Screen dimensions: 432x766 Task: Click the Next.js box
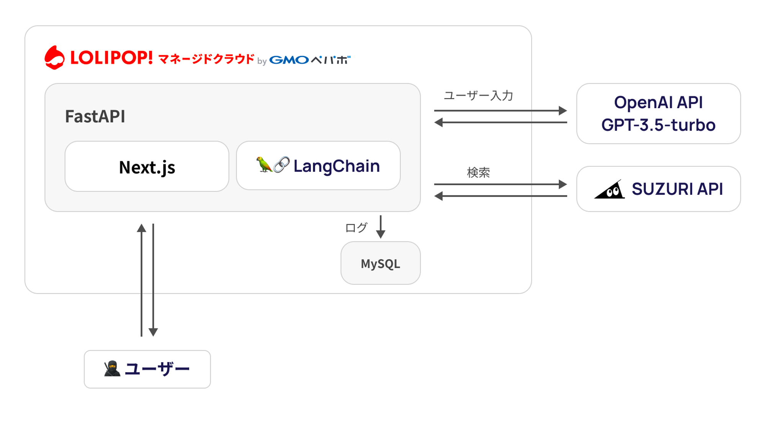tap(147, 167)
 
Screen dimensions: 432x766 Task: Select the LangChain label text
tap(336, 166)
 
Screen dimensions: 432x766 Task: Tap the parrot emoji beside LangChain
tap(264, 165)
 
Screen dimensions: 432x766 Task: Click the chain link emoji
tap(282, 165)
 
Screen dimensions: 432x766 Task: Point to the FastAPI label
tap(95, 116)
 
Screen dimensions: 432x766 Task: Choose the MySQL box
tap(380, 263)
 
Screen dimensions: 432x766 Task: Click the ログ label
tap(356, 228)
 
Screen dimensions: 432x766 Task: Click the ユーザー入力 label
tap(478, 95)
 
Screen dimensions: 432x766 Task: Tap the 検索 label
tap(478, 172)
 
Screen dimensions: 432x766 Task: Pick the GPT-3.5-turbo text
tap(658, 125)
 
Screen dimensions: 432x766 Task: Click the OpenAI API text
tap(658, 102)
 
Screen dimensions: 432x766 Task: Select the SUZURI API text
tap(677, 189)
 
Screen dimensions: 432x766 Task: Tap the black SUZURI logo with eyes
tap(610, 189)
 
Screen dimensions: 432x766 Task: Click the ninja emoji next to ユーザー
tap(112, 369)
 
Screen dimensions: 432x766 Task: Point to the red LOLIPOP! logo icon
tap(54, 58)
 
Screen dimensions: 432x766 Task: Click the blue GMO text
tap(289, 60)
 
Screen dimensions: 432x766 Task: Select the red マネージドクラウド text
tap(206, 59)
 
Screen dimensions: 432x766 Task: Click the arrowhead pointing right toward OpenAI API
tap(562, 111)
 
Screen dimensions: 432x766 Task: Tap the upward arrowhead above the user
tap(141, 228)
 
